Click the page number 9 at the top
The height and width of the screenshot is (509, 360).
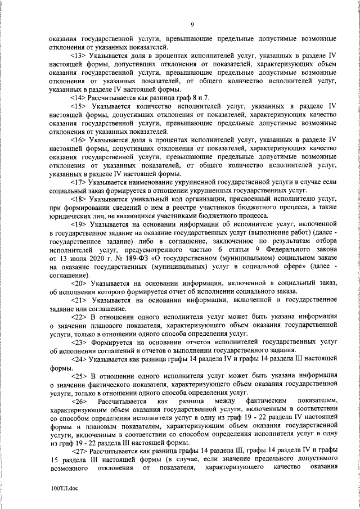pos(192,24)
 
